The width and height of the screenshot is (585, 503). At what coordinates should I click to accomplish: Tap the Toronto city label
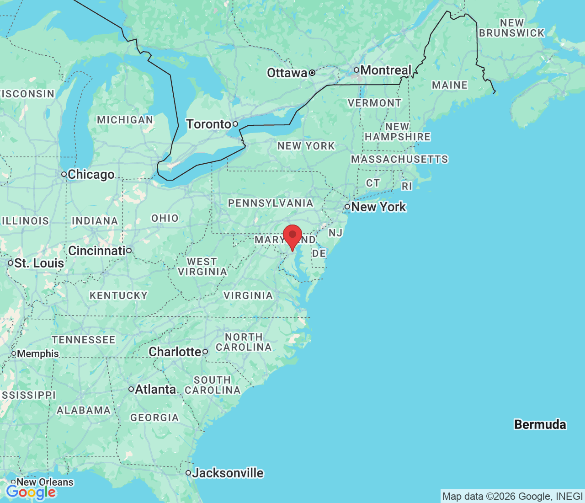click(x=208, y=124)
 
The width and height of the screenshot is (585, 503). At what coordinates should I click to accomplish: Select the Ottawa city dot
click(x=312, y=73)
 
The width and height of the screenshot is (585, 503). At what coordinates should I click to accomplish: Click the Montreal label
click(x=386, y=70)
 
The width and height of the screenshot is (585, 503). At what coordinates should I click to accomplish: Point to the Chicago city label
click(x=91, y=174)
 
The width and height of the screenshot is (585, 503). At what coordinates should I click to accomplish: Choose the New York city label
click(x=378, y=207)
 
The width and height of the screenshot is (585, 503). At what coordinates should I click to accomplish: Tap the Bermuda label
click(x=540, y=424)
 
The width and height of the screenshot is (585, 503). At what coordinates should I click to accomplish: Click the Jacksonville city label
click(x=228, y=473)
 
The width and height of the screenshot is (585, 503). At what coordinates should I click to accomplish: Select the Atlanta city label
click(x=155, y=389)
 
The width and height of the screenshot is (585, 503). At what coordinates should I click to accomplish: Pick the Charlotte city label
click(x=175, y=352)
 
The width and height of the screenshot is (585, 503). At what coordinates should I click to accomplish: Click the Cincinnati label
click(x=97, y=251)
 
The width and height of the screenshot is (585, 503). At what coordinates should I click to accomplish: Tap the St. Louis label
click(x=39, y=263)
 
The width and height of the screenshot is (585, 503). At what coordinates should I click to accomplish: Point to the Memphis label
click(x=38, y=353)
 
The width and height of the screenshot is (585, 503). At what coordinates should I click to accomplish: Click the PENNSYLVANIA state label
click(x=271, y=203)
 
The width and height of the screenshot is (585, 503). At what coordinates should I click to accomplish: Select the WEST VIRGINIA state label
click(x=202, y=267)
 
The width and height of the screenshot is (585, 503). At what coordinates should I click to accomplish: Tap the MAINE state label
click(x=450, y=85)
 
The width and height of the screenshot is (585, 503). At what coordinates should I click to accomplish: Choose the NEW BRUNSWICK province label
click(x=512, y=28)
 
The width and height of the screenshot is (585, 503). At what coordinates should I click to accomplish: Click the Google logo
click(x=31, y=492)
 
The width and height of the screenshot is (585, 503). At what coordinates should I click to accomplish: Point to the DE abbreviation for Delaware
click(x=319, y=253)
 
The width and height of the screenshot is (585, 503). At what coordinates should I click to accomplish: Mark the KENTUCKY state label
click(x=118, y=295)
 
